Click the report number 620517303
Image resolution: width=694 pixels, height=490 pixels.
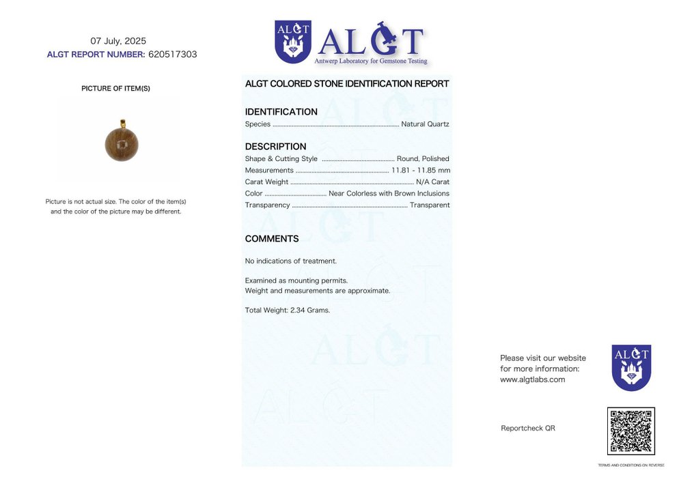point(172,55)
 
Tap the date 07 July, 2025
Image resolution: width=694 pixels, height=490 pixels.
point(118,41)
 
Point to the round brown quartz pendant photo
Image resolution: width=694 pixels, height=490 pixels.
point(122,143)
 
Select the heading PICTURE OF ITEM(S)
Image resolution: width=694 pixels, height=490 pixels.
point(115,89)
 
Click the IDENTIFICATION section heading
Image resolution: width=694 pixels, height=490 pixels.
point(281,112)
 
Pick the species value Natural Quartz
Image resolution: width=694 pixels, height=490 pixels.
point(425,124)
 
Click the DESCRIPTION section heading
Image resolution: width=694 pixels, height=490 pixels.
point(275,147)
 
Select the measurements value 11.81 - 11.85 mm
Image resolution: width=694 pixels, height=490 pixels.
point(420,171)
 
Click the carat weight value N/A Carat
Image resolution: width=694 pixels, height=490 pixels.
point(432,182)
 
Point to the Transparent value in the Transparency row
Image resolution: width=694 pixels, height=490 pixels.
point(429,205)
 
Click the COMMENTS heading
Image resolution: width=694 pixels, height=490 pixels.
point(272,239)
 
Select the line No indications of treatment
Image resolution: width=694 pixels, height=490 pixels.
point(290,261)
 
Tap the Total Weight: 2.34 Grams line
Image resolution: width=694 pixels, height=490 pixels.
point(287,311)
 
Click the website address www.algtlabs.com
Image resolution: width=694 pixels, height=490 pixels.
point(532,380)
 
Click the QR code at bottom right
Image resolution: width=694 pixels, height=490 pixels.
point(630,431)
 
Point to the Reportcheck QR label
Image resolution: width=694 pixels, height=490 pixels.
point(527,429)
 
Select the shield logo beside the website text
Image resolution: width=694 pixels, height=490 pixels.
point(631,367)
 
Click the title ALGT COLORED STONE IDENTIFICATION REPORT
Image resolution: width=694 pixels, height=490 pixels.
point(347,84)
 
